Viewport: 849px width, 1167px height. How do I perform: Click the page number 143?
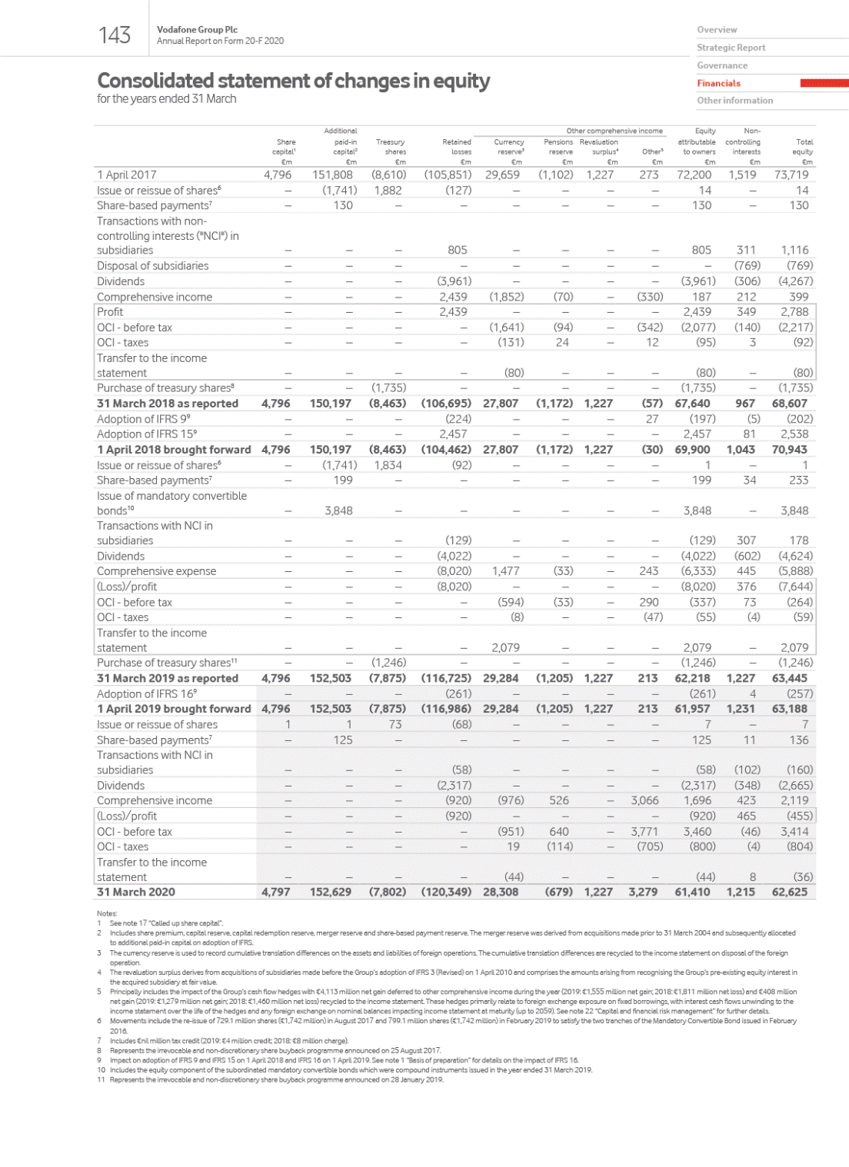pyautogui.click(x=115, y=35)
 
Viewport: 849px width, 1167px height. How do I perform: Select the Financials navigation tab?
pyautogui.click(x=718, y=83)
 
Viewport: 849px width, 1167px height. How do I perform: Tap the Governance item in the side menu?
pyautogui.click(x=721, y=65)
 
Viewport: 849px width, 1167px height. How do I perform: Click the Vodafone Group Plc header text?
pyautogui.click(x=197, y=29)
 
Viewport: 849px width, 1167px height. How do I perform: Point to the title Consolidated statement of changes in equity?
pyautogui.click(x=293, y=81)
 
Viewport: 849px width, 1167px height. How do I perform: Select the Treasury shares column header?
pyautogui.click(x=390, y=147)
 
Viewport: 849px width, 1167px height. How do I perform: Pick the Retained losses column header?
pyautogui.click(x=457, y=147)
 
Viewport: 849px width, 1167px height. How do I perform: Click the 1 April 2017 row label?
pyautogui.click(x=127, y=175)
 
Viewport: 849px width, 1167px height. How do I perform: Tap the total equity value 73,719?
pyautogui.click(x=791, y=175)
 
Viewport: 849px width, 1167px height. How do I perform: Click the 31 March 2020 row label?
pyautogui.click(x=136, y=892)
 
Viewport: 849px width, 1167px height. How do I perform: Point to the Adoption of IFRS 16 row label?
pyautogui.click(x=148, y=693)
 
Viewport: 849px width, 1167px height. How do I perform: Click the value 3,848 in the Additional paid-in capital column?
pyautogui.click(x=338, y=510)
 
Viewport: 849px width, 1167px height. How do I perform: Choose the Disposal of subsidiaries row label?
pyautogui.click(x=152, y=266)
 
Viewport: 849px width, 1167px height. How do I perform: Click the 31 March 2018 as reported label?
pyautogui.click(x=167, y=404)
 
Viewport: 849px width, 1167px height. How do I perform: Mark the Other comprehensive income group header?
pyautogui.click(x=614, y=131)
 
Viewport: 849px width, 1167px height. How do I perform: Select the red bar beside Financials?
pyautogui.click(x=824, y=83)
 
